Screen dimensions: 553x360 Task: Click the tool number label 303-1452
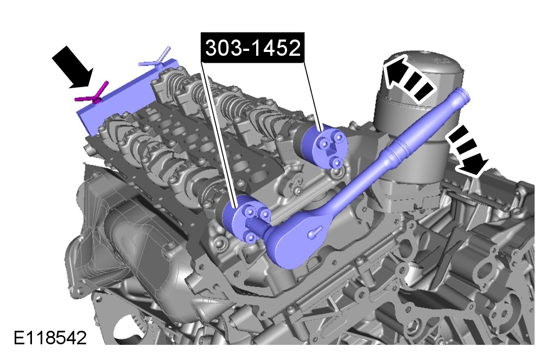click(253, 48)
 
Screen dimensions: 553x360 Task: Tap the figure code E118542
click(50, 338)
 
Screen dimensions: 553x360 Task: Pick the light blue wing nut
click(155, 59)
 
